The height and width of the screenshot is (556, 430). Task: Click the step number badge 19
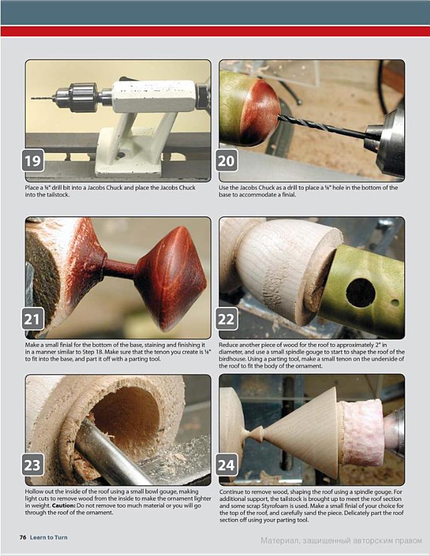coord(33,161)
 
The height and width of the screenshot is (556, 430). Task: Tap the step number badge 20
coord(227,161)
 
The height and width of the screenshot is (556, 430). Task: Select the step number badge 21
coord(33,318)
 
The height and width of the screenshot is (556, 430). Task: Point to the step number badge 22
coord(227,318)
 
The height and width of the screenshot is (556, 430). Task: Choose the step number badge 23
coord(33,464)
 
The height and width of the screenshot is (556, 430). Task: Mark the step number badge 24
coord(227,464)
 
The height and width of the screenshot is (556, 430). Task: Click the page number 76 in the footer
coord(23,537)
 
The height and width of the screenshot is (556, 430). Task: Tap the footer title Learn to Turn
coord(48,537)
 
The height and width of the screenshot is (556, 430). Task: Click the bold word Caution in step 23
coord(63,505)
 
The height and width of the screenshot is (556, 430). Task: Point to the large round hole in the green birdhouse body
coord(360,292)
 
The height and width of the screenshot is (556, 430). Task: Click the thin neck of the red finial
coord(119,269)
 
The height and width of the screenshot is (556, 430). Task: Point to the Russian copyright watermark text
coord(341,541)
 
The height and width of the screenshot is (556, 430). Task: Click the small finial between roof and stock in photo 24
coord(254,433)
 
